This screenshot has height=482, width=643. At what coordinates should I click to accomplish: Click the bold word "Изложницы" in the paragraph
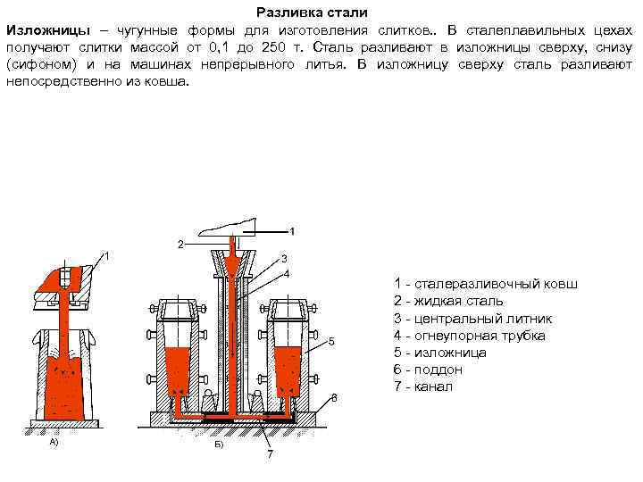click(44, 30)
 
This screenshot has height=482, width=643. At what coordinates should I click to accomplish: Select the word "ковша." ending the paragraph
click(169, 79)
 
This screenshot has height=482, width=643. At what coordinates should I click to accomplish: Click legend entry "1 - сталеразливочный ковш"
click(486, 285)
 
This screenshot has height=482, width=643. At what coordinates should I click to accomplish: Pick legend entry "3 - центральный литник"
click(472, 319)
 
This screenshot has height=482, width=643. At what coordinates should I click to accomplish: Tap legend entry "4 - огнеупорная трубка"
click(469, 336)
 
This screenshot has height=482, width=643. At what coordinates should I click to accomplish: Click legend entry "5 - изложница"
click(439, 353)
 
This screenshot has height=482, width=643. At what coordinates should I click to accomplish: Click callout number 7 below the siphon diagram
click(269, 454)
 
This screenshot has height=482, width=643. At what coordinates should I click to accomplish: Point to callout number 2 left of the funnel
click(180, 244)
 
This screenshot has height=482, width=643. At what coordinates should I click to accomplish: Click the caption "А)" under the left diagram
click(54, 442)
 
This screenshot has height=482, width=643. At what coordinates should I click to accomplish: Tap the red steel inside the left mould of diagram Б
click(176, 370)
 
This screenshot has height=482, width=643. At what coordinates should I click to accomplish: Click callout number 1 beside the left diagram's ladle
click(107, 257)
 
